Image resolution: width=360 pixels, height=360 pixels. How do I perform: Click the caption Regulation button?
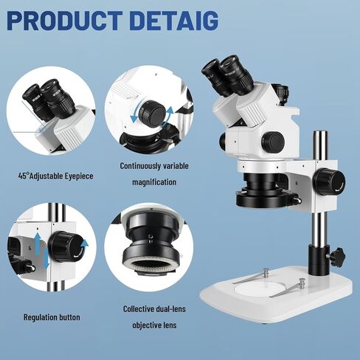point(52,317)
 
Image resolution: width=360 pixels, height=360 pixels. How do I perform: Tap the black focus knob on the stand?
point(325,182)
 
